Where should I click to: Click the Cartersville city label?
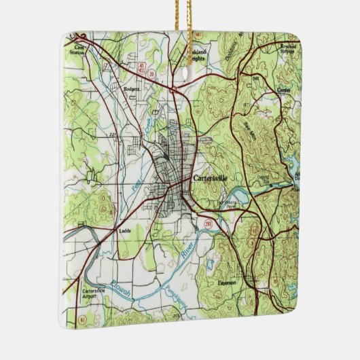(x=210, y=178)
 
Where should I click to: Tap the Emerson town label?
(x=226, y=282)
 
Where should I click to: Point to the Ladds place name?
(x=125, y=231)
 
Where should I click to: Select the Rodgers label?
(x=132, y=88)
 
